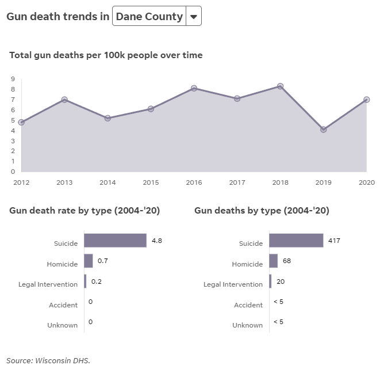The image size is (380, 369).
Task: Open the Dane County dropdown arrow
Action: pos(194,17)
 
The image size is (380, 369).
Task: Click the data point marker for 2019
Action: pos(324,130)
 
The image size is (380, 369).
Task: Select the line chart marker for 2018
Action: pos(281,86)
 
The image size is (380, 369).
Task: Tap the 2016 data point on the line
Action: pos(194,88)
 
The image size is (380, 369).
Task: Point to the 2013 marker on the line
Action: pos(64,100)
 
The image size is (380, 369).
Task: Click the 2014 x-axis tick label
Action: pos(108,182)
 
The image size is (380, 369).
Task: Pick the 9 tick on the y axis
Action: pos(12,79)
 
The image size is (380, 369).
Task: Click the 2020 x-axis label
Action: pos(366,182)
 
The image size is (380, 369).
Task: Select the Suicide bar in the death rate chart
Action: pos(115,241)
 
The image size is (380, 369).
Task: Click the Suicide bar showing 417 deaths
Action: pos(296,241)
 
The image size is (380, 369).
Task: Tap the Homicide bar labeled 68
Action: pos(273,261)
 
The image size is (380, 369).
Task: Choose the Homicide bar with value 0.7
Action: pos(89,261)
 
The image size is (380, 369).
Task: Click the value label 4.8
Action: pos(156,241)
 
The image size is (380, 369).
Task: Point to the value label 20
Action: pos(281,281)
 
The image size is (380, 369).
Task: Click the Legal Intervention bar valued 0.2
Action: pos(85,281)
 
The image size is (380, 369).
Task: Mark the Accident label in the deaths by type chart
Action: pos(248,305)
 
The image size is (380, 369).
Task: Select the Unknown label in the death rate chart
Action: pos(63,325)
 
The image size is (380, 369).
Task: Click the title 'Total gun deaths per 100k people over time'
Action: pos(106,55)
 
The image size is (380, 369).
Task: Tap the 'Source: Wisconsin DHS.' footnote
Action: pos(48,360)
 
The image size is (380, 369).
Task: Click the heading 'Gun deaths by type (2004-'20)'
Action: pos(262,211)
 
